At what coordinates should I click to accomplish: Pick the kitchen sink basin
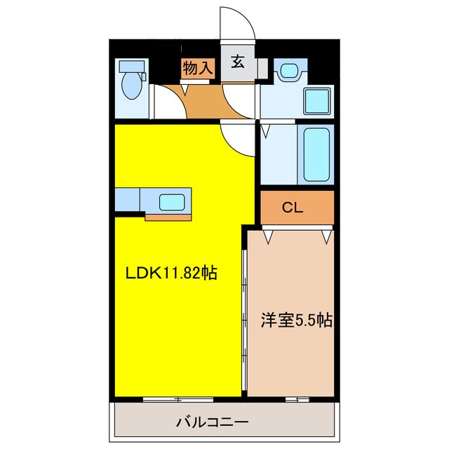click(172, 202)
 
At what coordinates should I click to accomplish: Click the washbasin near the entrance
click(288, 71)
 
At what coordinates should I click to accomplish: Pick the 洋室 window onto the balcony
click(297, 398)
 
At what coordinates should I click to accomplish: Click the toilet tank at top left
click(130, 67)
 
